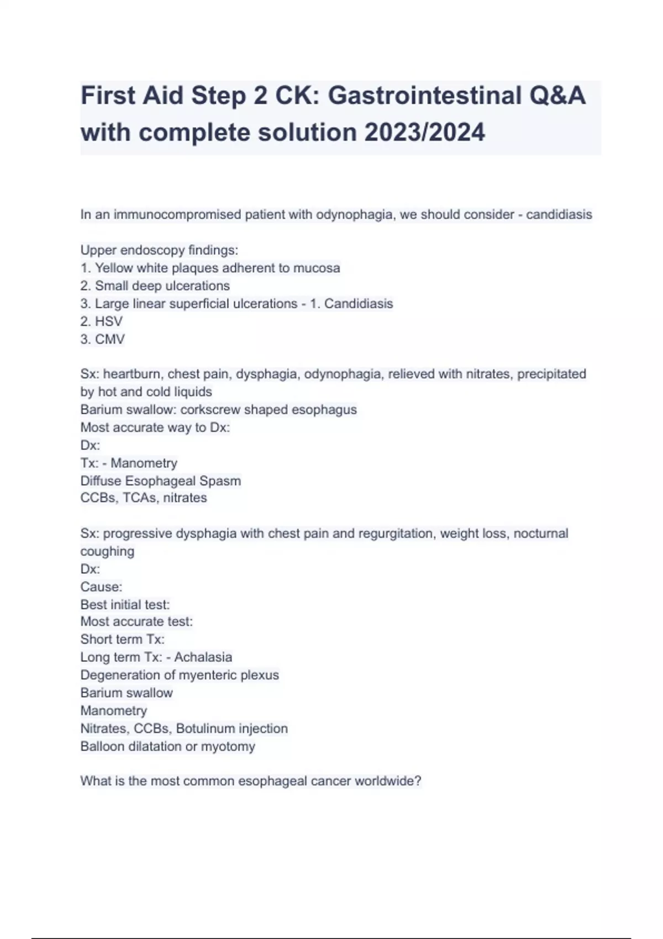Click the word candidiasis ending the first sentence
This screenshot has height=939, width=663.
tap(559, 214)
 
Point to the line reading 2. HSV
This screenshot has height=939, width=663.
tap(102, 321)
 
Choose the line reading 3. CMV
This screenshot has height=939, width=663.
tap(102, 339)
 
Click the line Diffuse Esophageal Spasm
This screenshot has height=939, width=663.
tap(160, 481)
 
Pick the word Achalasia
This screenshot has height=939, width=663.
tap(203, 657)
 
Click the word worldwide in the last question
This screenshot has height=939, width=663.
tap(387, 781)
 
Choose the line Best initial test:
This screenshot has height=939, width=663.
tap(125, 604)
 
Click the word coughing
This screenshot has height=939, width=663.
tap(107, 551)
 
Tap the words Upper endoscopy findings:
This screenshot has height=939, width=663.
tap(159, 250)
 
